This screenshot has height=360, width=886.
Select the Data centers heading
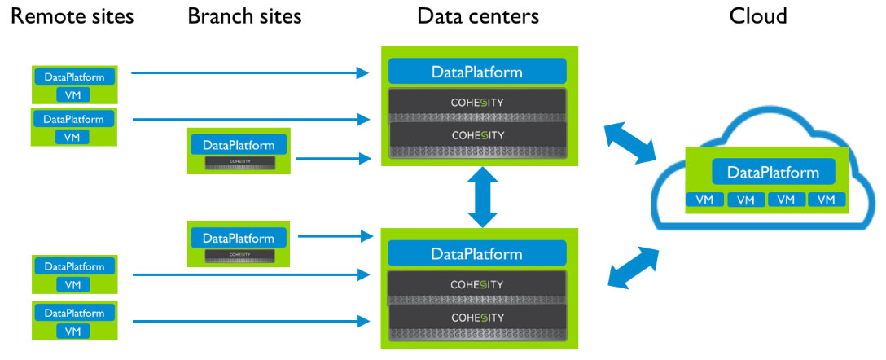477,15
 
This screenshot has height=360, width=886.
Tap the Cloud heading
758,15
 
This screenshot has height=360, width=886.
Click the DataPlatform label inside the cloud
773,172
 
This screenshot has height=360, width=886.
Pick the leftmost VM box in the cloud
704,200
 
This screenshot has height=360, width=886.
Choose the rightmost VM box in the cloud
826,200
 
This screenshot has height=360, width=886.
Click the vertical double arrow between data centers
482,196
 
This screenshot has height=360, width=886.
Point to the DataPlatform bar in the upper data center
476,72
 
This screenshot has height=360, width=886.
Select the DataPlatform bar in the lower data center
476,254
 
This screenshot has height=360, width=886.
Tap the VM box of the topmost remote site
72,94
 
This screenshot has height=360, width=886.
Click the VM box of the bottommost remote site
72,331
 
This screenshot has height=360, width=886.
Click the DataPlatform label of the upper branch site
239,145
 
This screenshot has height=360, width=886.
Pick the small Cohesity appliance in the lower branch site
239,255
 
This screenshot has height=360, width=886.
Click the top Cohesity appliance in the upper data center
477,103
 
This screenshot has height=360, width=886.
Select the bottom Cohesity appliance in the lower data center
477,317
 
